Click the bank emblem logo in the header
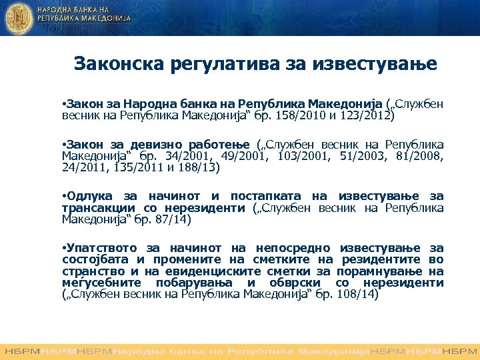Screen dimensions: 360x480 pyautogui.click(x=19, y=18)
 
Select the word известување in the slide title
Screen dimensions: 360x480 pyautogui.click(x=377, y=64)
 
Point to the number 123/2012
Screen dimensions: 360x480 pyautogui.click(x=369, y=115)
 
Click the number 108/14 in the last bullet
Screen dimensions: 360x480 pyautogui.click(x=358, y=293)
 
